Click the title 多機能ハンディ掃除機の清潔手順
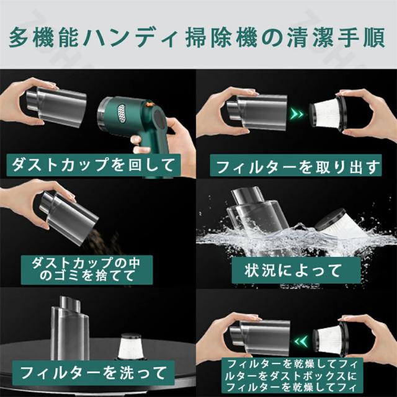coord(197,38)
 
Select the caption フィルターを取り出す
coord(296,166)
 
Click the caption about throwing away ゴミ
coord(87,269)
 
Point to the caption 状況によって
coord(296,270)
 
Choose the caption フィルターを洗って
coord(93,373)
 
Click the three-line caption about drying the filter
coord(292,375)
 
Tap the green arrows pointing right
coord(297,114)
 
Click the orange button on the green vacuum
coord(149,104)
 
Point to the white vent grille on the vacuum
coord(122,112)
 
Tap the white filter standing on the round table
coord(129,346)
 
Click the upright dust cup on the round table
coord(70,329)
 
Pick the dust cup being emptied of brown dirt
coord(68,217)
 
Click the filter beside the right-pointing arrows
coord(328,113)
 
